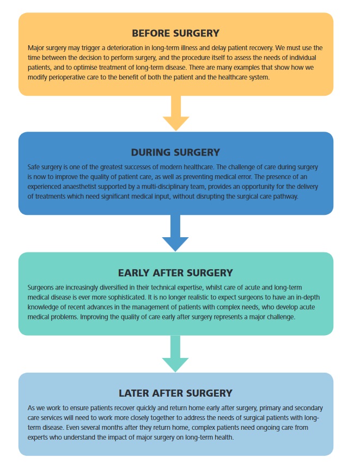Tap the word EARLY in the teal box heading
[x=134, y=273]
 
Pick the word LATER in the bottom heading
[x=134, y=393]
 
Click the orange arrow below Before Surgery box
[x=176, y=113]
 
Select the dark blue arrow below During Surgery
[x=175, y=233]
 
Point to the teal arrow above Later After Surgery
[x=175, y=354]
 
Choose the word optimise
[x=85, y=67]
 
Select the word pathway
[x=286, y=196]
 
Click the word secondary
[x=309, y=408]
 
